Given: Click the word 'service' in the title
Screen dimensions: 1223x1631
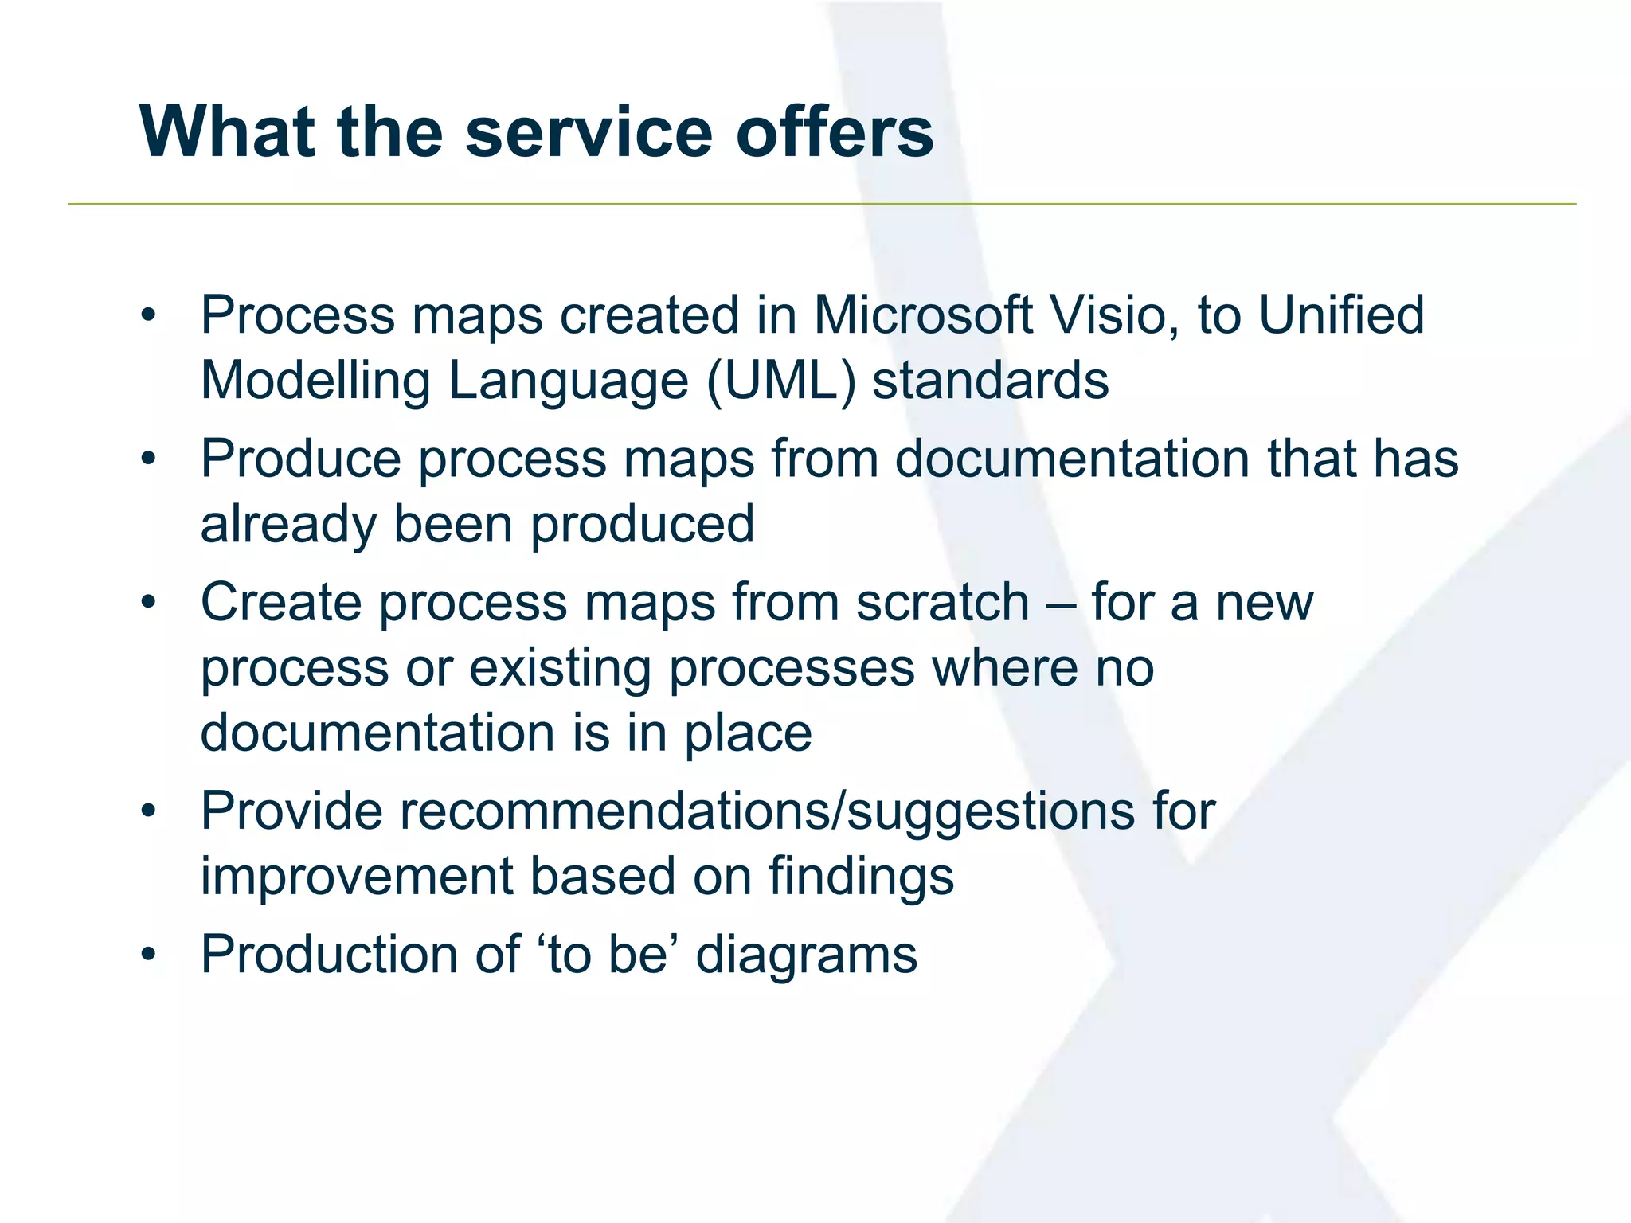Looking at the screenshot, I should (588, 132).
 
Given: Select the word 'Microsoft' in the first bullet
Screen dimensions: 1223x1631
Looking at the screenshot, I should (921, 315).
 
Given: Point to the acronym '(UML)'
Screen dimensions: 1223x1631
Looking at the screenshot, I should (780, 381).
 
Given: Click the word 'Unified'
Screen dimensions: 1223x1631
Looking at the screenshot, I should (1341, 315).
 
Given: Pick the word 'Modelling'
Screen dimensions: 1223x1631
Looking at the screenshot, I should (315, 381).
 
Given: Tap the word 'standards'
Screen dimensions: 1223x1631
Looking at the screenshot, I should (990, 381).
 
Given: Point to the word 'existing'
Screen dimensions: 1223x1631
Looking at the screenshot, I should (560, 668).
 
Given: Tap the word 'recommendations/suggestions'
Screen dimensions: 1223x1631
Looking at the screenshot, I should (767, 811).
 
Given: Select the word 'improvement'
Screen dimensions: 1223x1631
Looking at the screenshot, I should (356, 877).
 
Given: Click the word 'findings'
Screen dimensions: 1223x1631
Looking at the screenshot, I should (861, 877).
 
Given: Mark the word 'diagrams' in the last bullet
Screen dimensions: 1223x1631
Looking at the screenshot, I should (806, 955).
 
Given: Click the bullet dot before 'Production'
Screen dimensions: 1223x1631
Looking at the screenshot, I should (148, 955).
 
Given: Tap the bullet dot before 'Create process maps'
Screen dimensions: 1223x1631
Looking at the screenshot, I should (148, 603).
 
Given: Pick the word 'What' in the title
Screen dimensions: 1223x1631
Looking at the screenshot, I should (228, 132).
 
